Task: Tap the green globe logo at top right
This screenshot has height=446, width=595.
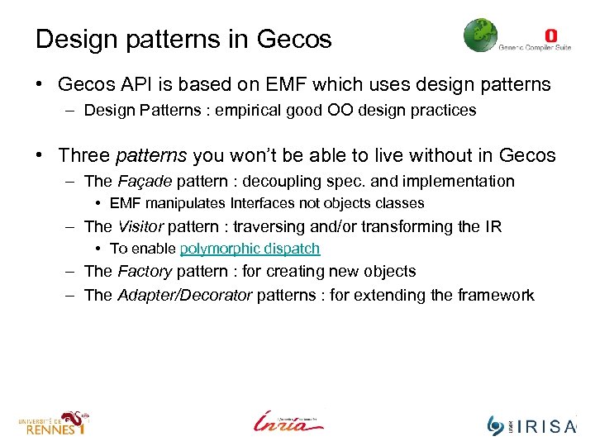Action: coord(480,36)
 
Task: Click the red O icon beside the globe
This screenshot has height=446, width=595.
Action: coord(551,35)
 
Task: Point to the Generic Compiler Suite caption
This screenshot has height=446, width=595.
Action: coord(535,48)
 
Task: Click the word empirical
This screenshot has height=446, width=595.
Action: coord(245,110)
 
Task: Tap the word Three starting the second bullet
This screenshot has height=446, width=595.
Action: coord(85,155)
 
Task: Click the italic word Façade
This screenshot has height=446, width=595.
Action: coord(145,181)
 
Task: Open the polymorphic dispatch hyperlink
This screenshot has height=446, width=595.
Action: coord(250,249)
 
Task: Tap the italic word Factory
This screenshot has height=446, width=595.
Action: coord(144,271)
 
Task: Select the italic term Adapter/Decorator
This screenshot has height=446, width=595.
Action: coord(184,295)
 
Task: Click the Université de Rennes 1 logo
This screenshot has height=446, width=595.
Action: coord(53,422)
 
